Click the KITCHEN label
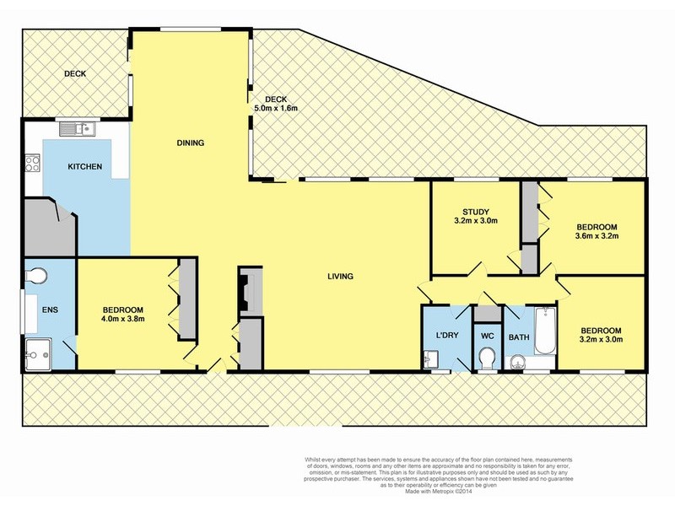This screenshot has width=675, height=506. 85,167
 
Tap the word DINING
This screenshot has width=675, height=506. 191,143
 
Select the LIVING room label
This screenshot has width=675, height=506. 341,276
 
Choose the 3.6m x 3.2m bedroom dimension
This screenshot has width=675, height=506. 597,236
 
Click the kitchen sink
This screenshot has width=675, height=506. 80,129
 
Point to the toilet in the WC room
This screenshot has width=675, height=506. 486,359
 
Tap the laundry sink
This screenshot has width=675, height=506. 431,361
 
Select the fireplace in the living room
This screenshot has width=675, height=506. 246,292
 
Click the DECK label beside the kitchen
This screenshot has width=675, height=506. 76,74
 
